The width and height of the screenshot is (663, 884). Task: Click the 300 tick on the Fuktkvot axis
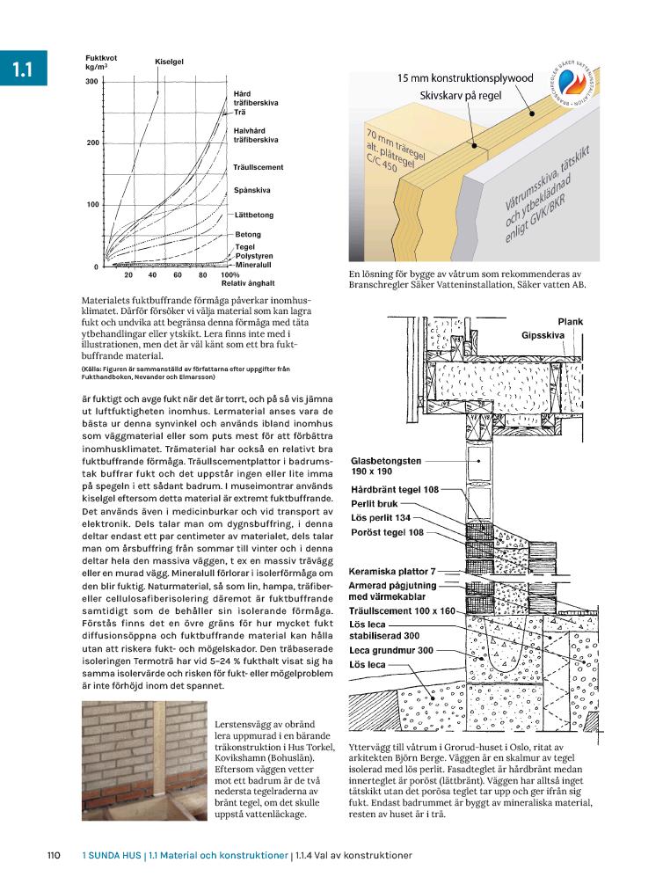(91, 82)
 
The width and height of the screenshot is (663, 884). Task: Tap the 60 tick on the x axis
(177, 275)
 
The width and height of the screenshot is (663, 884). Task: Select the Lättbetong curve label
(254, 215)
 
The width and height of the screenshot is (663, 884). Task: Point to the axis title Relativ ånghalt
(248, 283)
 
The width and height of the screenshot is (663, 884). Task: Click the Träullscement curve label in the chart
(259, 167)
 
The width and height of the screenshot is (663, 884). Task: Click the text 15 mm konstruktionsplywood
(465, 78)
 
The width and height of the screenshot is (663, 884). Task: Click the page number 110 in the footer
(53, 855)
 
